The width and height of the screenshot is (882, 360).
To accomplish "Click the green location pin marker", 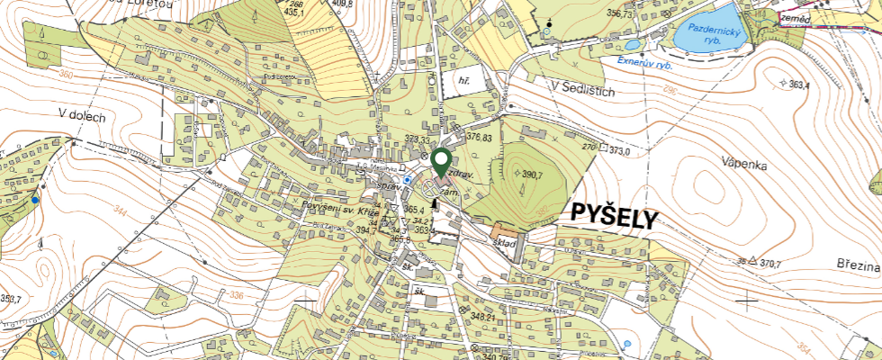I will click(x=441, y=162).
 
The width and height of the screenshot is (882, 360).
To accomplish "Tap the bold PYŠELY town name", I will click(x=614, y=216).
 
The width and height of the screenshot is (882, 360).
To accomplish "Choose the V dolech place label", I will click(x=82, y=114).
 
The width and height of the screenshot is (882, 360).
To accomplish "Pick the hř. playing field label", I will click(x=465, y=81).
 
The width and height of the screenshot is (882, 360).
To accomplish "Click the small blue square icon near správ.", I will click(x=408, y=180).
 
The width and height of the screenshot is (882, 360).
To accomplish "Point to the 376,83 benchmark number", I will click(x=480, y=138).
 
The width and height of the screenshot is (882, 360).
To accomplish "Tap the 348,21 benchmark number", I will click(x=484, y=317).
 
